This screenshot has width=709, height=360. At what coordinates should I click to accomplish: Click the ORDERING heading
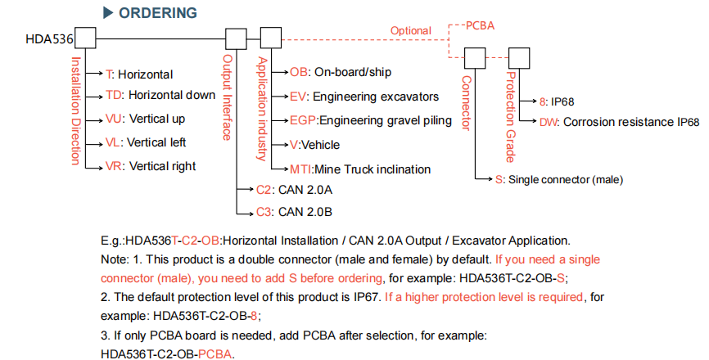(157, 12)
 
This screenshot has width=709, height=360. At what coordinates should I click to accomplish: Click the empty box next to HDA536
(85, 38)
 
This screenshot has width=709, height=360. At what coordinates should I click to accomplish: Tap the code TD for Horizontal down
(114, 95)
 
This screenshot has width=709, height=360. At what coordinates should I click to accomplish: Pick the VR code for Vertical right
(114, 166)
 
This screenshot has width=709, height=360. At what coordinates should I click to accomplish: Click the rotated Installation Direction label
(76, 110)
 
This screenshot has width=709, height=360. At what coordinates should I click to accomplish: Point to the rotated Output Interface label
(228, 97)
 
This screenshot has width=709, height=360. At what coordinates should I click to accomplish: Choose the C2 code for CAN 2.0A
(264, 190)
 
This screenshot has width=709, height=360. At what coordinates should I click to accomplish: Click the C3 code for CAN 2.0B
(264, 212)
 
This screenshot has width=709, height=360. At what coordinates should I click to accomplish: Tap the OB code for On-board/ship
(299, 72)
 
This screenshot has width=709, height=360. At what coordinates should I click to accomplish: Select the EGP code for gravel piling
(304, 120)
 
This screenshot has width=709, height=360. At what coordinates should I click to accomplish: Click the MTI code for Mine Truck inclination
(300, 169)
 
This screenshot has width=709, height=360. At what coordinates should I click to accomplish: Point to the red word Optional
(410, 31)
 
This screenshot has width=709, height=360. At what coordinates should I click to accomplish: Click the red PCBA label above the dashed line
(480, 25)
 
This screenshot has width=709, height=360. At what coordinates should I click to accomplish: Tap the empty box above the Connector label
(475, 58)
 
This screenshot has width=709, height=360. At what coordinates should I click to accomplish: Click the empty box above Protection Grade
(519, 58)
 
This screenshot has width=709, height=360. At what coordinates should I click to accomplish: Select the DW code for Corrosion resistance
(547, 122)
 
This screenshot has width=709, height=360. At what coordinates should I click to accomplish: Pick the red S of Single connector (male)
(499, 180)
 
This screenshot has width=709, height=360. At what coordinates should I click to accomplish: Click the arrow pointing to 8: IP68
(529, 101)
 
